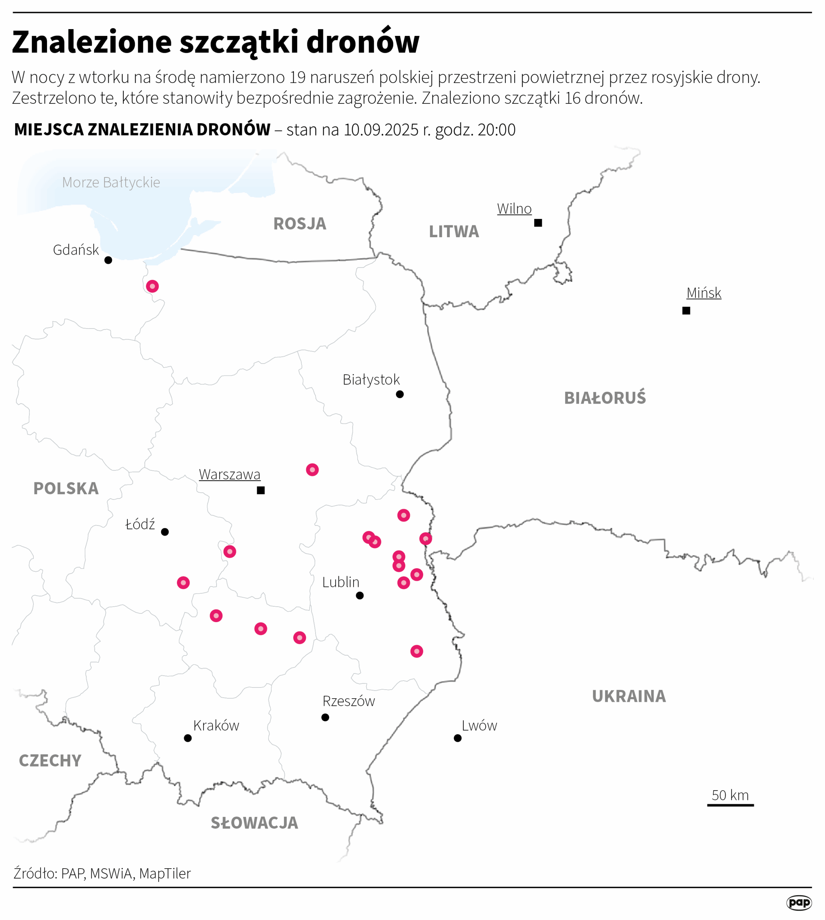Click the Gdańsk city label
[x=76, y=250]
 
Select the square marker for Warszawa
[x=261, y=491]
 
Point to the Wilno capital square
[x=538, y=223]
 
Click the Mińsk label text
[x=704, y=293]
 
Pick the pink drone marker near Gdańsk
[x=152, y=286]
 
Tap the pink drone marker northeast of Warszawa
[x=312, y=470]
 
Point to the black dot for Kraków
[x=188, y=738]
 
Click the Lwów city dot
[x=458, y=738]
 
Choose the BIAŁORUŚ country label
[x=605, y=398]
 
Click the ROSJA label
[x=300, y=224]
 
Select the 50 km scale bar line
[x=730, y=805]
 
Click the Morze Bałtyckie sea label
[x=111, y=182]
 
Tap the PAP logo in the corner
[x=799, y=902]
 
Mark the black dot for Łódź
[x=165, y=532]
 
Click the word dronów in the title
[x=363, y=42]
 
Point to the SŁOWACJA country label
[x=254, y=823]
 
